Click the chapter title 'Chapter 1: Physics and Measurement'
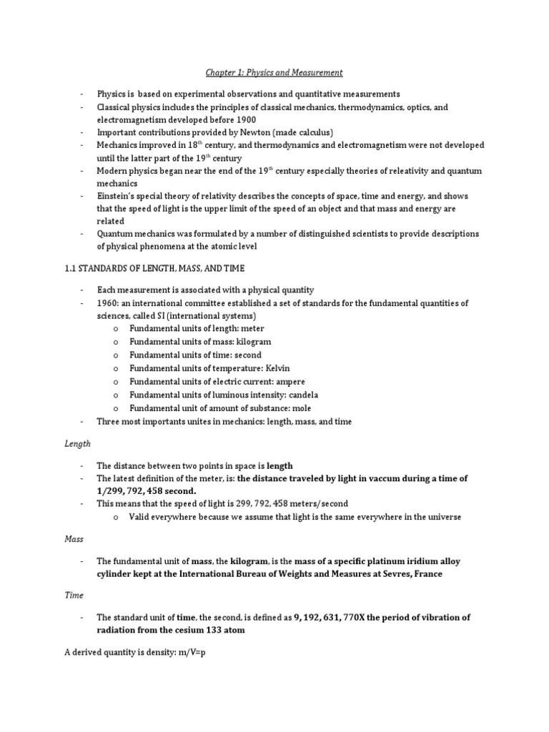tap(274, 73)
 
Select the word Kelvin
tap(276, 368)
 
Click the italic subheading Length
tap(78, 443)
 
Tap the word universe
tap(444, 517)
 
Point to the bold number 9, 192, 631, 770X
tap(333, 617)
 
